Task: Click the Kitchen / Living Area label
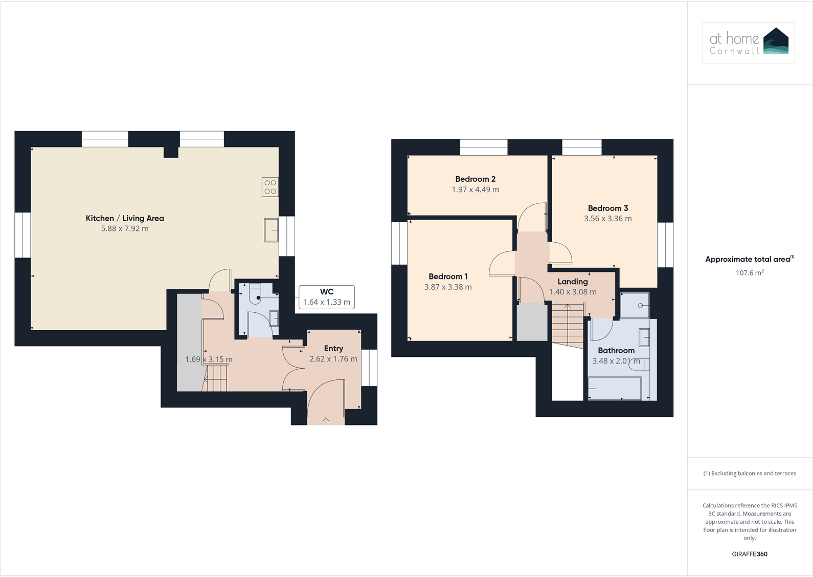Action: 125,218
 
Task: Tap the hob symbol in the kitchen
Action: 270,187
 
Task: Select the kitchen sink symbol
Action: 271,229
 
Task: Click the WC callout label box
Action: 326,297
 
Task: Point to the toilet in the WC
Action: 255,295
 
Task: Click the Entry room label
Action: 333,349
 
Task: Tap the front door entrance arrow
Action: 326,420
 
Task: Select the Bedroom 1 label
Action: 448,276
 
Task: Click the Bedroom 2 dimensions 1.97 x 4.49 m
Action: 475,189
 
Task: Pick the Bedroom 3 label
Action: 607,208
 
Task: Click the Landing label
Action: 572,282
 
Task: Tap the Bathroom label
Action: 616,351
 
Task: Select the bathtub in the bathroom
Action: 615,389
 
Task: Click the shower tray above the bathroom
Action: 635,306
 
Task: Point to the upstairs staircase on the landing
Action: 568,326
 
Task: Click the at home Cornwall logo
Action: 748,43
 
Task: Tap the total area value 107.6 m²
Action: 749,273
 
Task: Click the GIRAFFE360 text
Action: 749,554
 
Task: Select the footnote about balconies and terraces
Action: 749,474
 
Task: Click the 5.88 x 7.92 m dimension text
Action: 125,229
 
